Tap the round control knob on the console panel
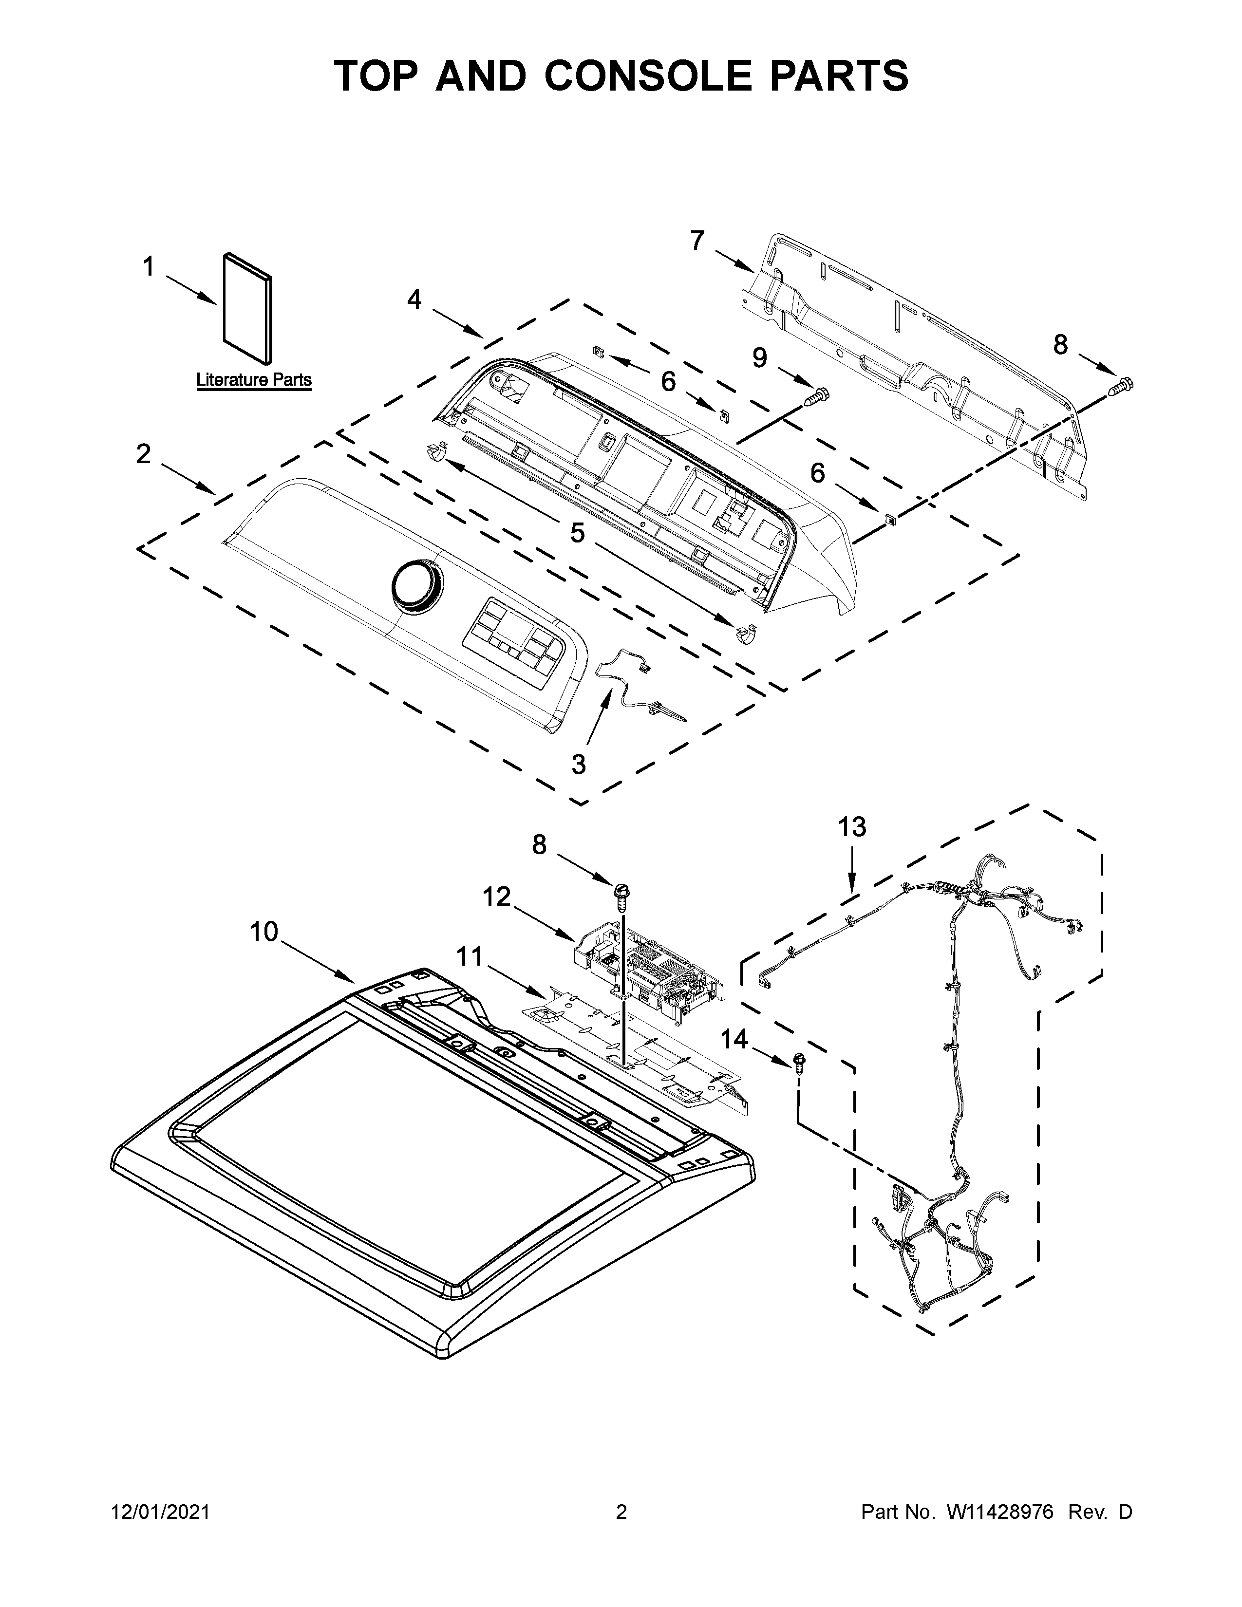pos(417,586)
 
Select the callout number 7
pos(697,241)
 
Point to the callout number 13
pos(852,827)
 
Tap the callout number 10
pos(264,932)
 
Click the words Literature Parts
pos(254,380)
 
